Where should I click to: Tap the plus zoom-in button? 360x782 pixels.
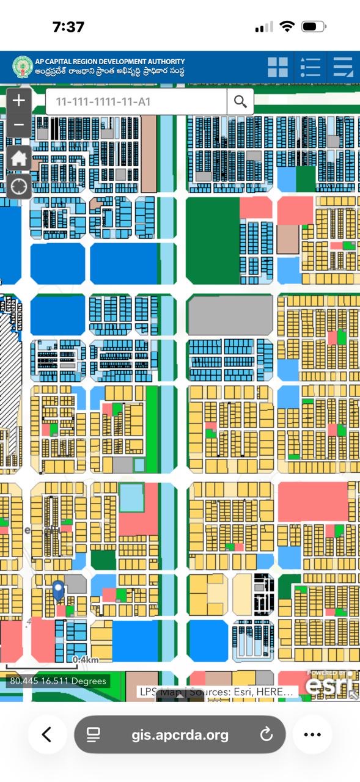[18, 100]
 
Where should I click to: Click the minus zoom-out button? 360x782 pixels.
[18, 125]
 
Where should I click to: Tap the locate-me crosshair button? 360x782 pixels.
[18, 186]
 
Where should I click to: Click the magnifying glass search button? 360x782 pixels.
[240, 101]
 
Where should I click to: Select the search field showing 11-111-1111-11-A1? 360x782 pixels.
[136, 101]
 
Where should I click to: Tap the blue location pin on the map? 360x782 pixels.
[58, 590]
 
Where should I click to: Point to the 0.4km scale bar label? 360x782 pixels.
[86, 660]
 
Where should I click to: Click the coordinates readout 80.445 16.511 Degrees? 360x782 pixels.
[58, 681]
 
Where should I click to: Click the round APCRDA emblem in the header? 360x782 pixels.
[23, 67]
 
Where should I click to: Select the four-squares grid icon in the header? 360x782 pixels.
[277, 67]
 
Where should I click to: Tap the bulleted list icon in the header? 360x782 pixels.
[310, 67]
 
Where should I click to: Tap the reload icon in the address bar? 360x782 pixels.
[266, 734]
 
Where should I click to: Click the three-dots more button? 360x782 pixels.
[312, 734]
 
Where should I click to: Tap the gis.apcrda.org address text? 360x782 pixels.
[180, 734]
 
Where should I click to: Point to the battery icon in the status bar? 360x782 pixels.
[314, 27]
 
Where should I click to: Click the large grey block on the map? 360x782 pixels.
[230, 315]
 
